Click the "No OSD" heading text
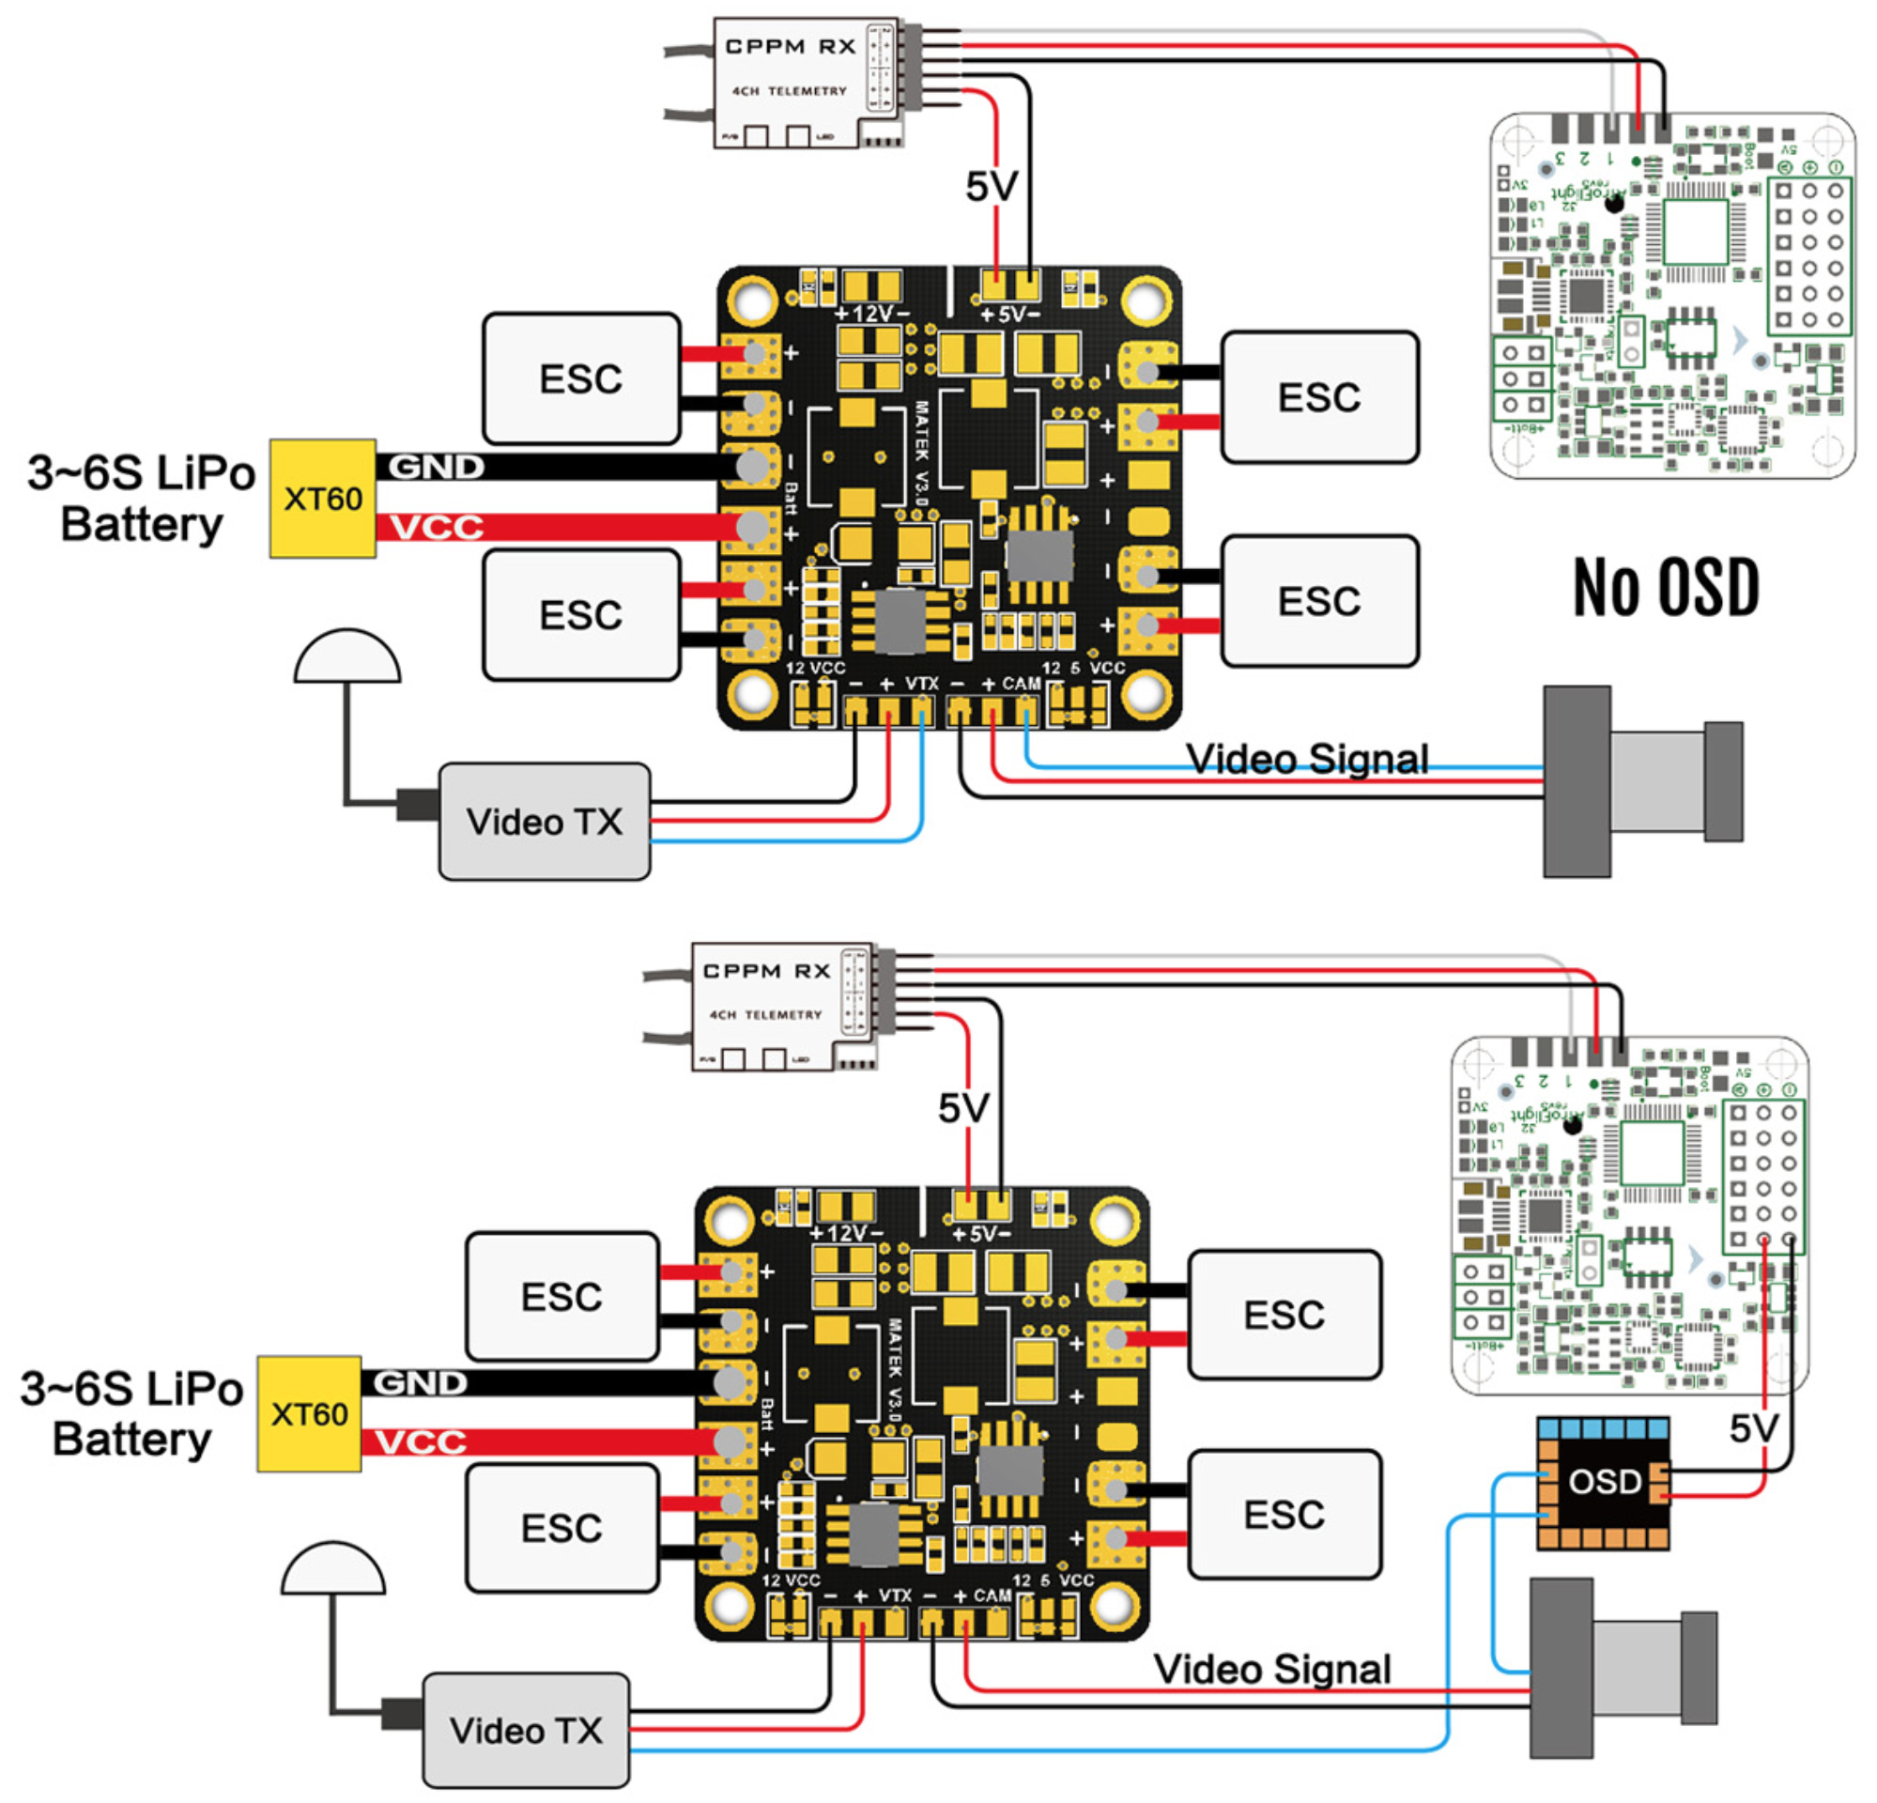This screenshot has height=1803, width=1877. click(1666, 587)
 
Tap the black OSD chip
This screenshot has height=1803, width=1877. click(1604, 1481)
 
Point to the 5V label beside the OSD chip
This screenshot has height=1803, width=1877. click(1753, 1428)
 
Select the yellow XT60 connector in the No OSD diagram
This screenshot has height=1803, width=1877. click(323, 499)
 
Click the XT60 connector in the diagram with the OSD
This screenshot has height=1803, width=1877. click(309, 1413)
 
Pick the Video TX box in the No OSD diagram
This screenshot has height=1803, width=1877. click(544, 822)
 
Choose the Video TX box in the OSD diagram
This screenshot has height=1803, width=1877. click(526, 1731)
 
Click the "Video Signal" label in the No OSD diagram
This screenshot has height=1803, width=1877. click(1307, 760)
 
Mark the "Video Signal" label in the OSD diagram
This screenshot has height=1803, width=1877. click(1271, 1669)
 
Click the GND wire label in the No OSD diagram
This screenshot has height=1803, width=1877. click(436, 468)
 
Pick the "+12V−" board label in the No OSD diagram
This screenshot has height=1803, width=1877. click(871, 314)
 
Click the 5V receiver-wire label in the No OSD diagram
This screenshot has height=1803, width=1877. click(992, 187)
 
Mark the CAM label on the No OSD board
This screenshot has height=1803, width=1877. click(1021, 684)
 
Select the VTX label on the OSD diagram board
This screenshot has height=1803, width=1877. click(896, 1596)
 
